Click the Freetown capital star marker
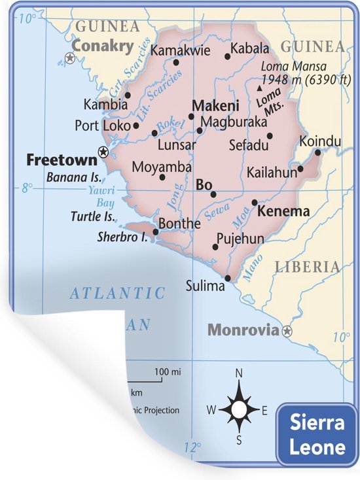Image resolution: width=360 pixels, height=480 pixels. click(x=103, y=152)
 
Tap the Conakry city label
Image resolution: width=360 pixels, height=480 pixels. click(x=103, y=46)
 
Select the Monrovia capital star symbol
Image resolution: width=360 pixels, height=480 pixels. click(x=287, y=332)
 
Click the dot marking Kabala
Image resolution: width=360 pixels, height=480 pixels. click(x=228, y=56)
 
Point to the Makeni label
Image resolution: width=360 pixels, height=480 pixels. click(x=215, y=105)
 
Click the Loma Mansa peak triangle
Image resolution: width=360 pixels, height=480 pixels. click(x=260, y=87)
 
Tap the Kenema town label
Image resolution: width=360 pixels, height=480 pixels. click(x=283, y=211)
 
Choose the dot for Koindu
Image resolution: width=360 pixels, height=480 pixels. click(x=317, y=152)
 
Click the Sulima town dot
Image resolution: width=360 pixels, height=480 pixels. click(x=228, y=278)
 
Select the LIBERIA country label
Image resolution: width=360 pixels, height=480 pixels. click(x=307, y=267)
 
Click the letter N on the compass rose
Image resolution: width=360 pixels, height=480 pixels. click(x=239, y=373)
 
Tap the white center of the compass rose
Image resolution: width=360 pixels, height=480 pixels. click(x=239, y=410)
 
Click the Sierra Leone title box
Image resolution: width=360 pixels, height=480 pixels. click(x=317, y=436)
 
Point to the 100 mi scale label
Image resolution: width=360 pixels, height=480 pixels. click(x=167, y=372)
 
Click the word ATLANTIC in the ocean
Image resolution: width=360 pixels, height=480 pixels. click(x=118, y=293)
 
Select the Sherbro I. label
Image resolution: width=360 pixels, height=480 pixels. click(x=122, y=237)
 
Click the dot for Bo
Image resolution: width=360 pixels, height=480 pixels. click(x=213, y=194)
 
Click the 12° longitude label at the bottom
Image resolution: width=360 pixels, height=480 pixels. click(x=192, y=449)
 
